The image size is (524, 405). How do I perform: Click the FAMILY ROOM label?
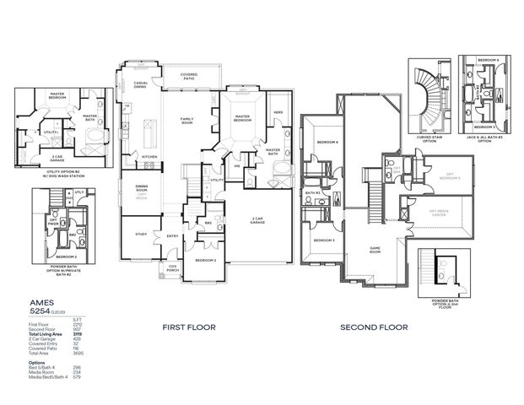(x=186, y=120)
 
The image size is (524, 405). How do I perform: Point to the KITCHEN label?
(x=149, y=157)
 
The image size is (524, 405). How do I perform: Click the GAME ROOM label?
(x=376, y=250)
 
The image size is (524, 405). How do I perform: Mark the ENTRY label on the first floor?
(x=171, y=235)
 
